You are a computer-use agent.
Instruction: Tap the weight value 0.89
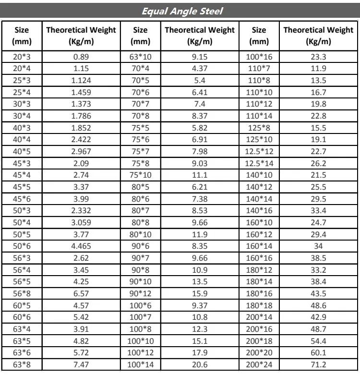click(81, 57)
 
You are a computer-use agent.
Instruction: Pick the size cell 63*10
click(140, 57)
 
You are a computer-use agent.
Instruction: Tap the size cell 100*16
click(259, 57)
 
